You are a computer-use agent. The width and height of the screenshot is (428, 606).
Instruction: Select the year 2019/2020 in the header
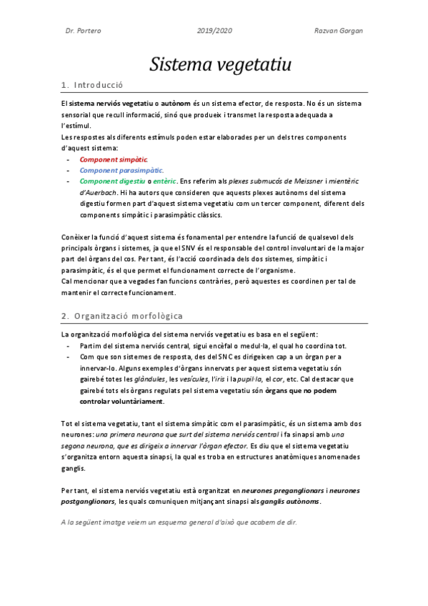point(214,31)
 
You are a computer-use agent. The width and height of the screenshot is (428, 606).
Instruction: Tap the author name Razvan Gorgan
point(339,31)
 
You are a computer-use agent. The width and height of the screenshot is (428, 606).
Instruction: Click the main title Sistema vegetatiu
point(220,65)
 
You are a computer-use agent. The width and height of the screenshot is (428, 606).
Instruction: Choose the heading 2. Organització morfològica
point(122,315)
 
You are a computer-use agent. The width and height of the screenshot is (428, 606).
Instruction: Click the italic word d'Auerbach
point(99,193)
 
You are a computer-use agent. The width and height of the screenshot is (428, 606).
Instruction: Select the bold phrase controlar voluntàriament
point(121,402)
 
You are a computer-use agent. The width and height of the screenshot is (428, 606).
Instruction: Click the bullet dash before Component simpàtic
point(67,159)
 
